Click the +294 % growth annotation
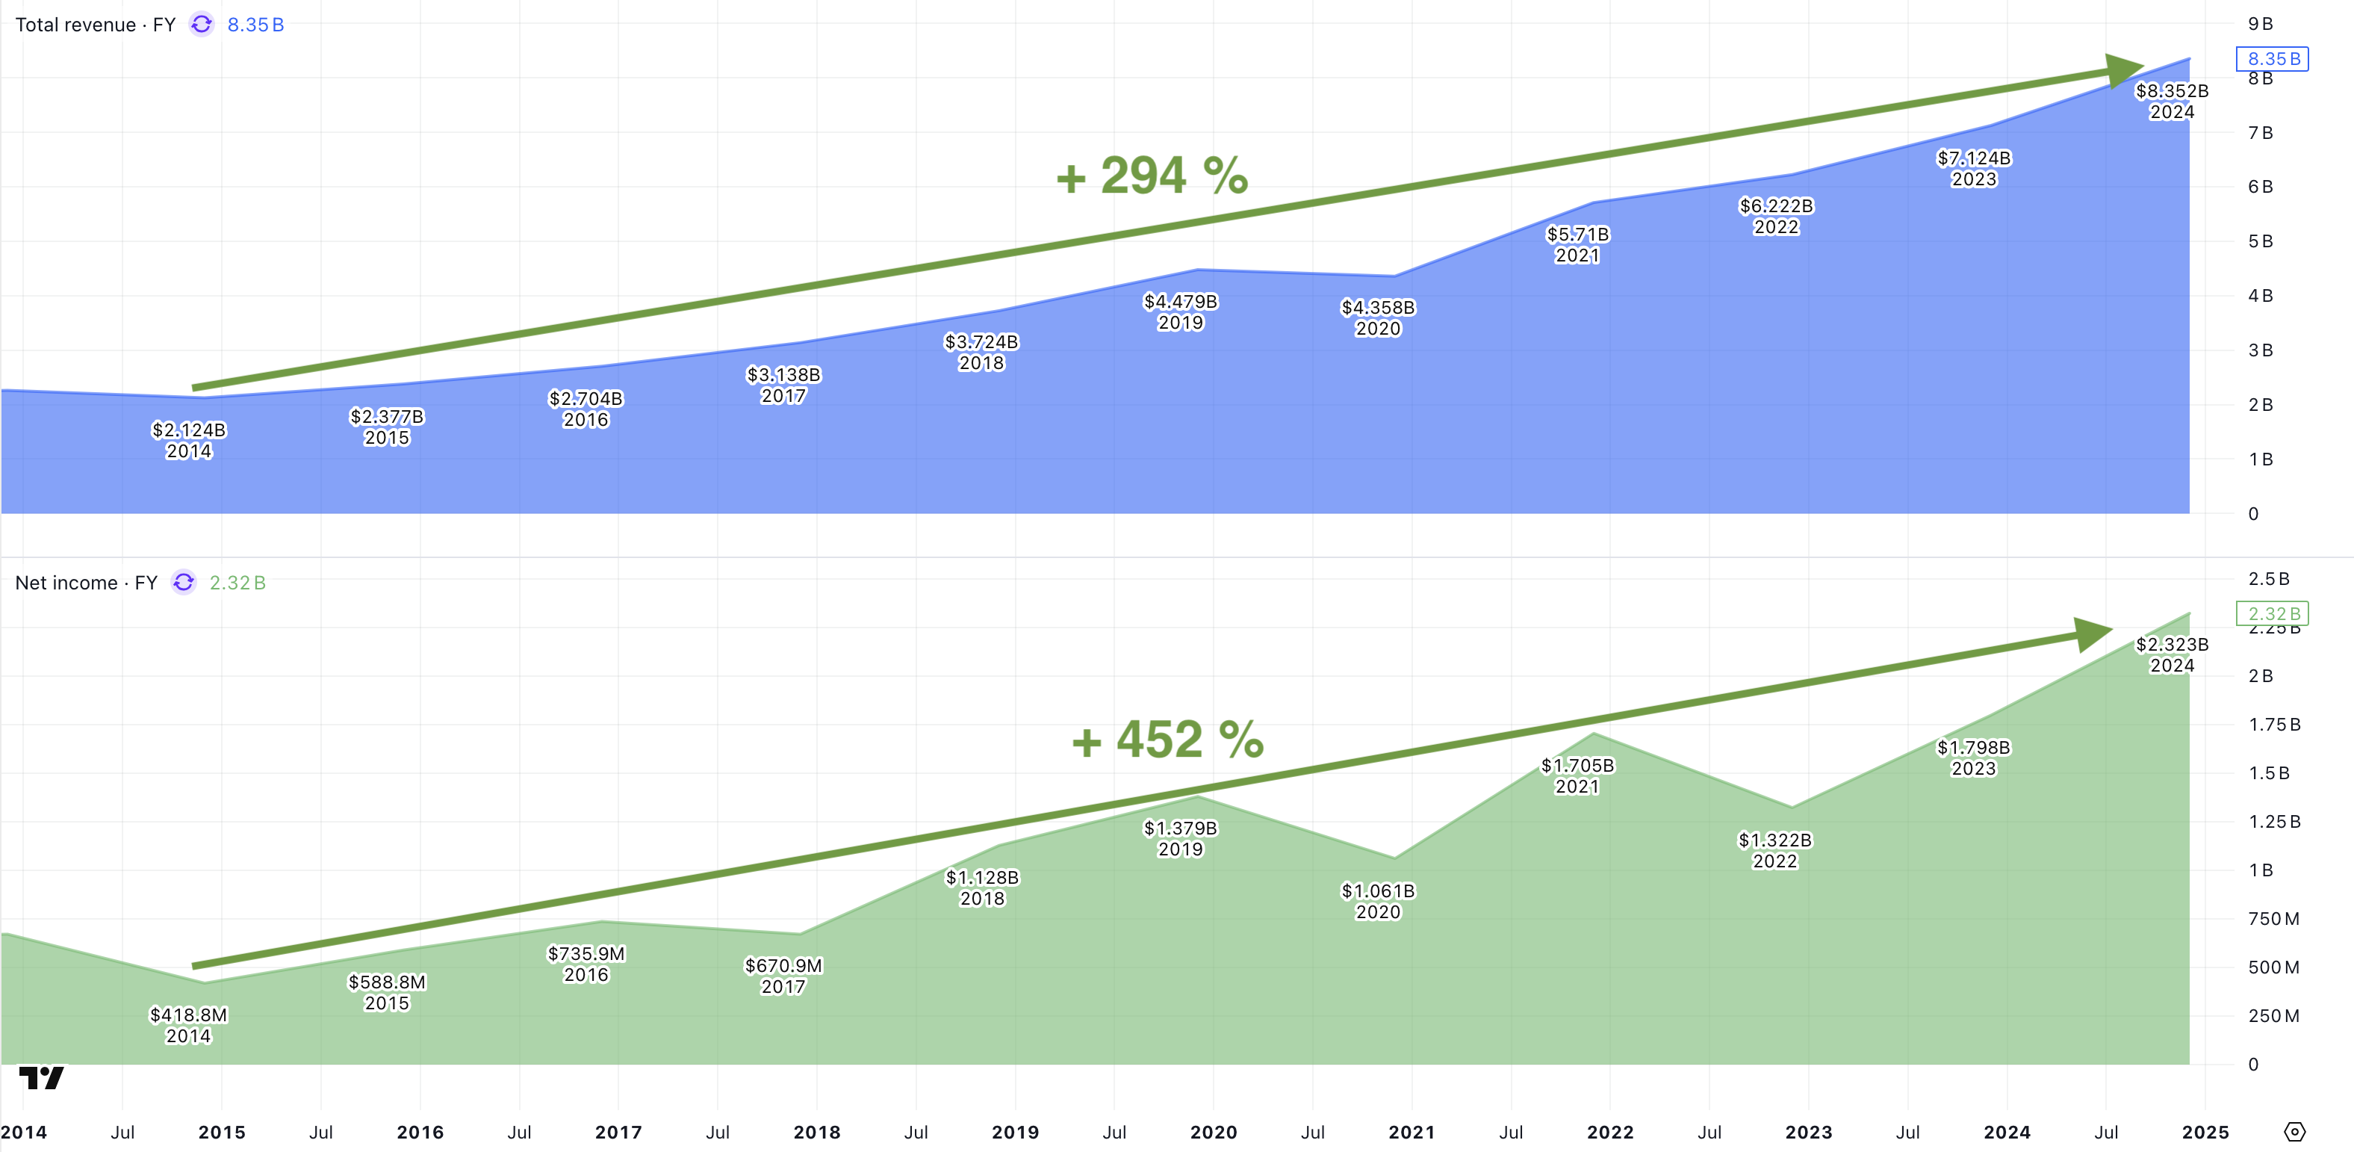pyautogui.click(x=1152, y=176)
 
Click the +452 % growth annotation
pyautogui.click(x=1167, y=740)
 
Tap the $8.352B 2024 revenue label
pyautogui.click(x=2171, y=101)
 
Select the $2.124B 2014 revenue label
pyautogui.click(x=188, y=440)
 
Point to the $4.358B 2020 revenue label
pyautogui.click(x=1377, y=318)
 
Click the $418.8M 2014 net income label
pyautogui.click(x=188, y=1025)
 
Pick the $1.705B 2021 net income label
pyautogui.click(x=1577, y=775)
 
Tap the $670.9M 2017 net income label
pyautogui.click(x=783, y=976)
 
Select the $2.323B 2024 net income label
pyautogui.click(x=2171, y=654)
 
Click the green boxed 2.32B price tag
pyautogui.click(x=2273, y=613)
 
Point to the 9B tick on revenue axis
pyautogui.click(x=2260, y=24)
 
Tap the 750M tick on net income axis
pyautogui.click(x=2273, y=919)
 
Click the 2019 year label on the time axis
pyautogui.click(x=1014, y=1132)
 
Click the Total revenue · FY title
pyautogui.click(x=95, y=25)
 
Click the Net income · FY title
pyautogui.click(x=86, y=583)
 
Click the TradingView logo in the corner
pyautogui.click(x=41, y=1078)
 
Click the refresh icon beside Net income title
pyautogui.click(x=184, y=583)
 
